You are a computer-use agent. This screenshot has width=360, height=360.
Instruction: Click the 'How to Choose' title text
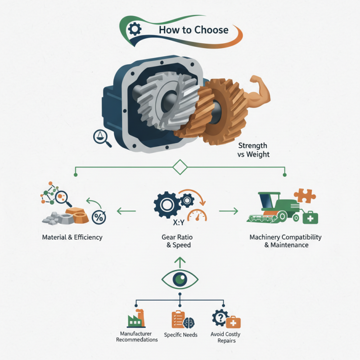tap(193, 31)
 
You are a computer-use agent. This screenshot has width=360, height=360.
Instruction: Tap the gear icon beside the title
tap(135, 30)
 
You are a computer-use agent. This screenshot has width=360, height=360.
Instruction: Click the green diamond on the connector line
tap(180, 167)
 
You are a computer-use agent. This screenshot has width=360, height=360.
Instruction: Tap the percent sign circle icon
tap(98, 217)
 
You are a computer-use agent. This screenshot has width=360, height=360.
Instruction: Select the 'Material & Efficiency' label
tap(72, 237)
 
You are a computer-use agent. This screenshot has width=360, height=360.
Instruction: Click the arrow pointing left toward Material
tap(126, 210)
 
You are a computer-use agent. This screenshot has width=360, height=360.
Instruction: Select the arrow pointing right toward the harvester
tap(228, 210)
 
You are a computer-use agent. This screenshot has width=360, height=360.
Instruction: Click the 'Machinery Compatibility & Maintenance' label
tap(286, 241)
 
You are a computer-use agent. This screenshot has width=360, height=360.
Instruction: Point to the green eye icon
tap(180, 279)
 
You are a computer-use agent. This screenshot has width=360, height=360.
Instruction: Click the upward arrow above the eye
tap(180, 261)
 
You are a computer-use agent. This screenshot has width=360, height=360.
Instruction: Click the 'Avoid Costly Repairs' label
tap(225, 337)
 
